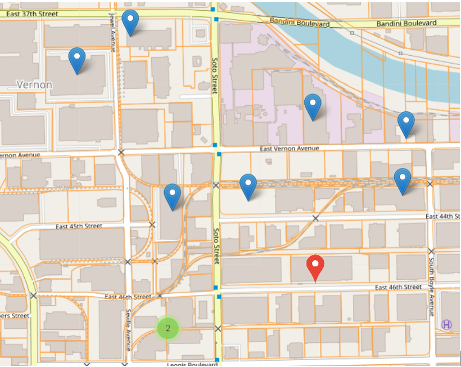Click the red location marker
(315, 268)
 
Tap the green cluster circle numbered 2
(168, 328)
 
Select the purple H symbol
(446, 324)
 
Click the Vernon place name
(34, 85)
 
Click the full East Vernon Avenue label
(290, 149)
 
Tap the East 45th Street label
(79, 226)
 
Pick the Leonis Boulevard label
(191, 364)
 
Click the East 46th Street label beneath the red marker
(398, 287)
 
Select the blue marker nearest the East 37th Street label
(130, 22)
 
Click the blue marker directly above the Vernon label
(77, 60)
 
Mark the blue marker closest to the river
(406, 124)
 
